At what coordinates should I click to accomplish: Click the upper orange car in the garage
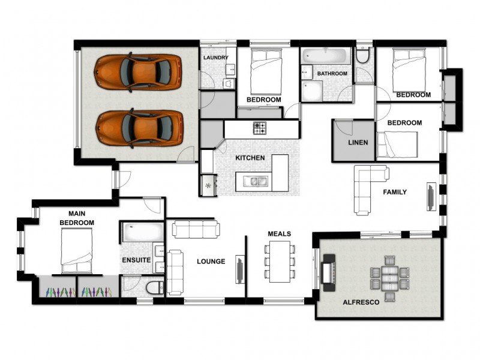point(137,72)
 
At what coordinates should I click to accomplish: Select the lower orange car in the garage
point(139,128)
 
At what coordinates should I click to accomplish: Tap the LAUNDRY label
point(215,58)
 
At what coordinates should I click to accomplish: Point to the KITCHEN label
point(250,157)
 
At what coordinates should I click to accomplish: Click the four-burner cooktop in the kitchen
point(260,128)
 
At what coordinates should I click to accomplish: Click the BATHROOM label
point(332,73)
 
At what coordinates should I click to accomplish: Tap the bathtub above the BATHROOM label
point(325,57)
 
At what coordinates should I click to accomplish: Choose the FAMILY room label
point(395,192)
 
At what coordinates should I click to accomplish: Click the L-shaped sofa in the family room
point(366,186)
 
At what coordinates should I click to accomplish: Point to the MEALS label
point(279,233)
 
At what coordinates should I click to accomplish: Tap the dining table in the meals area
point(280,262)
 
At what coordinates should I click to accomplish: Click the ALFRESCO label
point(360,302)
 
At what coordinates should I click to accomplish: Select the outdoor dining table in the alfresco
point(390,275)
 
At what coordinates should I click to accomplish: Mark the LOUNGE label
point(211,261)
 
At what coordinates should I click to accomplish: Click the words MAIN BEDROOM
point(77,218)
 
